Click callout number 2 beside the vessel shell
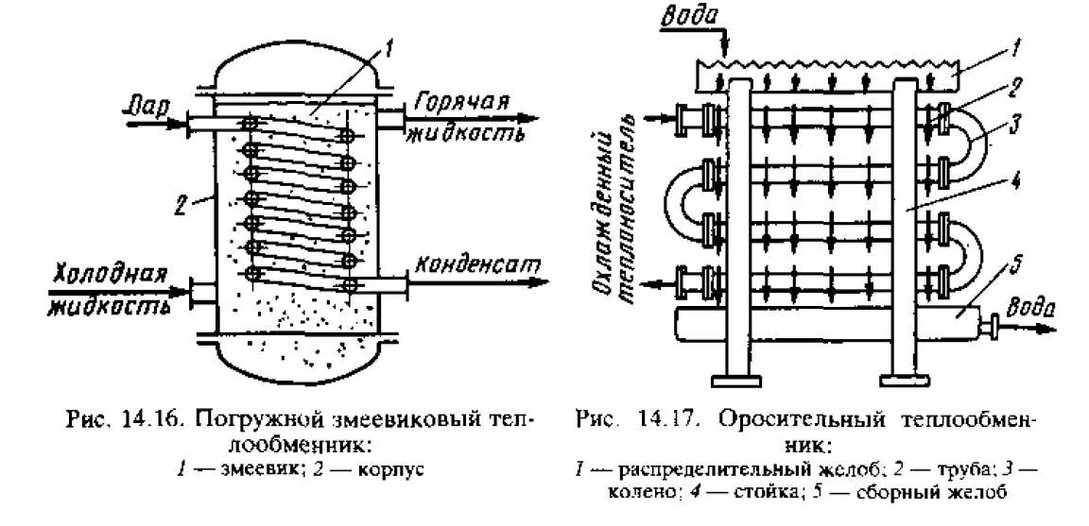[181, 206]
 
